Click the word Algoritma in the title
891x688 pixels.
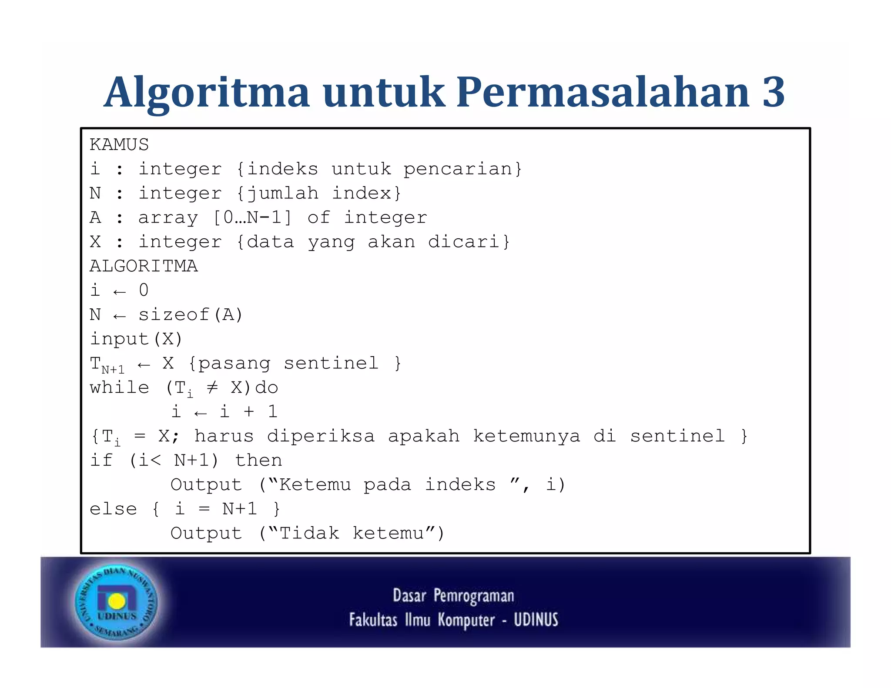click(207, 92)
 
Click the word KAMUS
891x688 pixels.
click(119, 145)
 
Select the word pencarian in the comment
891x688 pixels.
click(458, 169)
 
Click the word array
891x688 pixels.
click(168, 218)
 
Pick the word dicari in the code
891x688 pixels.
click(464, 242)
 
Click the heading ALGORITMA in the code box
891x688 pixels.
click(144, 266)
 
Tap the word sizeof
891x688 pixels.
click(174, 315)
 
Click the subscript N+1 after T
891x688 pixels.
click(113, 370)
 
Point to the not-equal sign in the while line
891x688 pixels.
click(212, 387)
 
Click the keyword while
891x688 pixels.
click(119, 387)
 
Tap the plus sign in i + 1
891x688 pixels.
click(249, 412)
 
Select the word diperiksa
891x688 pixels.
click(321, 436)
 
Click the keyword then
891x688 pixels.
click(258, 461)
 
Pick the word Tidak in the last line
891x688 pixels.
click(309, 534)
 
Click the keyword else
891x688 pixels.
click(113, 509)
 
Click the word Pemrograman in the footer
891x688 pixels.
click(474, 596)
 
